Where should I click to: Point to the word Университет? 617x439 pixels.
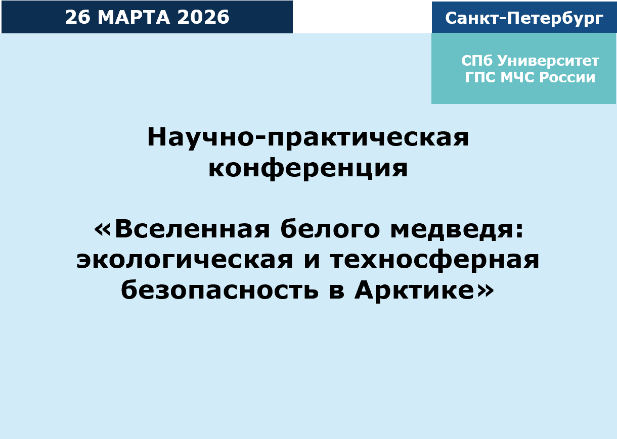548,61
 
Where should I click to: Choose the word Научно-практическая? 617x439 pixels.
308,138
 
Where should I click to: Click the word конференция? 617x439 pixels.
308,169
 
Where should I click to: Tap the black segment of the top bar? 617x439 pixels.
362,17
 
